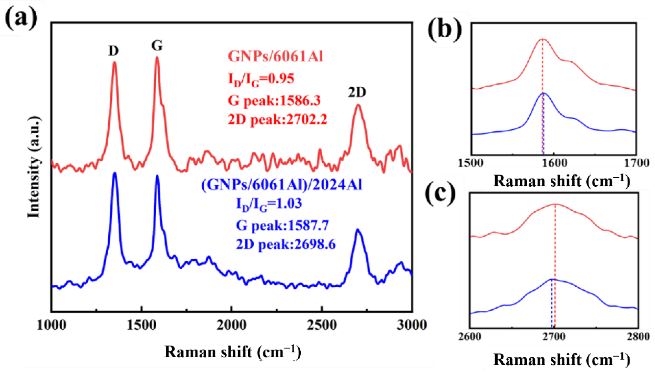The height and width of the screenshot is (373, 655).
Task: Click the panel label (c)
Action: click(440, 195)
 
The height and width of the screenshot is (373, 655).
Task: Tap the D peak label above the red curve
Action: click(113, 51)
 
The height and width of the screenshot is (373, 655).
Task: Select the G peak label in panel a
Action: click(157, 46)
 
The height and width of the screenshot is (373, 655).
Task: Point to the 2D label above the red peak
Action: click(357, 92)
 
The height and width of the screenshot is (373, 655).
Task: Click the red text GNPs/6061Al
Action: click(276, 56)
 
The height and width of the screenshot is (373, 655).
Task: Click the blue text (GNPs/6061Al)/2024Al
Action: click(282, 185)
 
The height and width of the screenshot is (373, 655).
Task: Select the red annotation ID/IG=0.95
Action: click(261, 79)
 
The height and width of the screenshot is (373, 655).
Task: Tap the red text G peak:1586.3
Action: click(274, 101)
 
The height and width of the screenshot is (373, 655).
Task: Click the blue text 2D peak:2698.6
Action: click(286, 244)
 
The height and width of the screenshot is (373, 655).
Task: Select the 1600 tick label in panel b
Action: click(554, 163)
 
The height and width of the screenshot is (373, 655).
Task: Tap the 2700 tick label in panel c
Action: click(554, 336)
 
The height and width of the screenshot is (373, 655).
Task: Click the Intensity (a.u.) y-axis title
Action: click(34, 168)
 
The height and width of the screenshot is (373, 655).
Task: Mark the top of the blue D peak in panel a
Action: click(114, 174)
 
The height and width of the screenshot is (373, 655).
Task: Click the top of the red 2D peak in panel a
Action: click(358, 105)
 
